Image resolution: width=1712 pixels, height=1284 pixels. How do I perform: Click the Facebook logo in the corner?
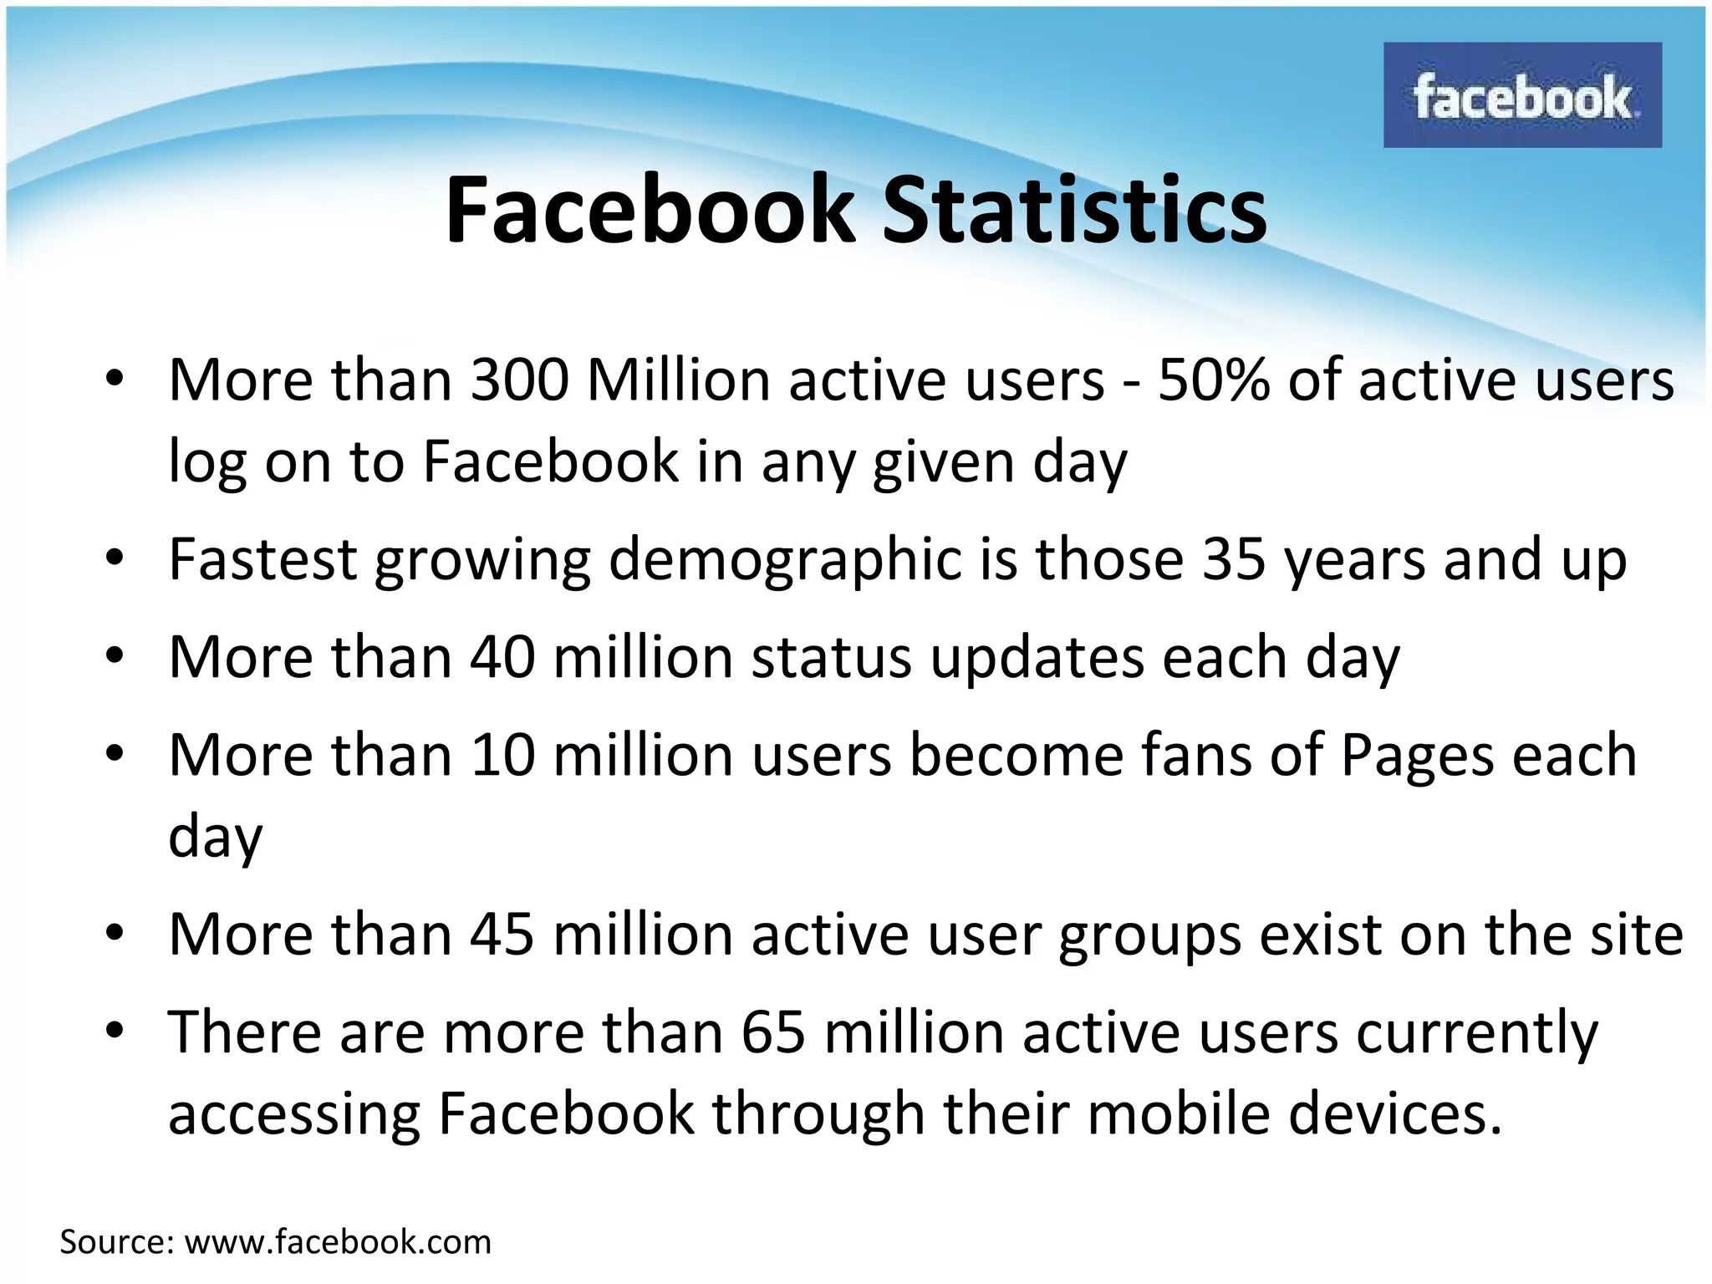[1522, 95]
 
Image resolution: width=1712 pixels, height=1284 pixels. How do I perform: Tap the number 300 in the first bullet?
[519, 380]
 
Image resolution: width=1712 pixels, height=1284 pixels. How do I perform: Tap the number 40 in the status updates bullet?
[502, 656]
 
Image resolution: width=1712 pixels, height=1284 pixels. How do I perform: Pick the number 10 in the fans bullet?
[502, 755]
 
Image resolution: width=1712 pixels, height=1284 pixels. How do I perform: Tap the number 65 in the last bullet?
[772, 1032]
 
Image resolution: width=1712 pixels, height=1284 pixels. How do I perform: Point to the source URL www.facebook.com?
[338, 1242]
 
